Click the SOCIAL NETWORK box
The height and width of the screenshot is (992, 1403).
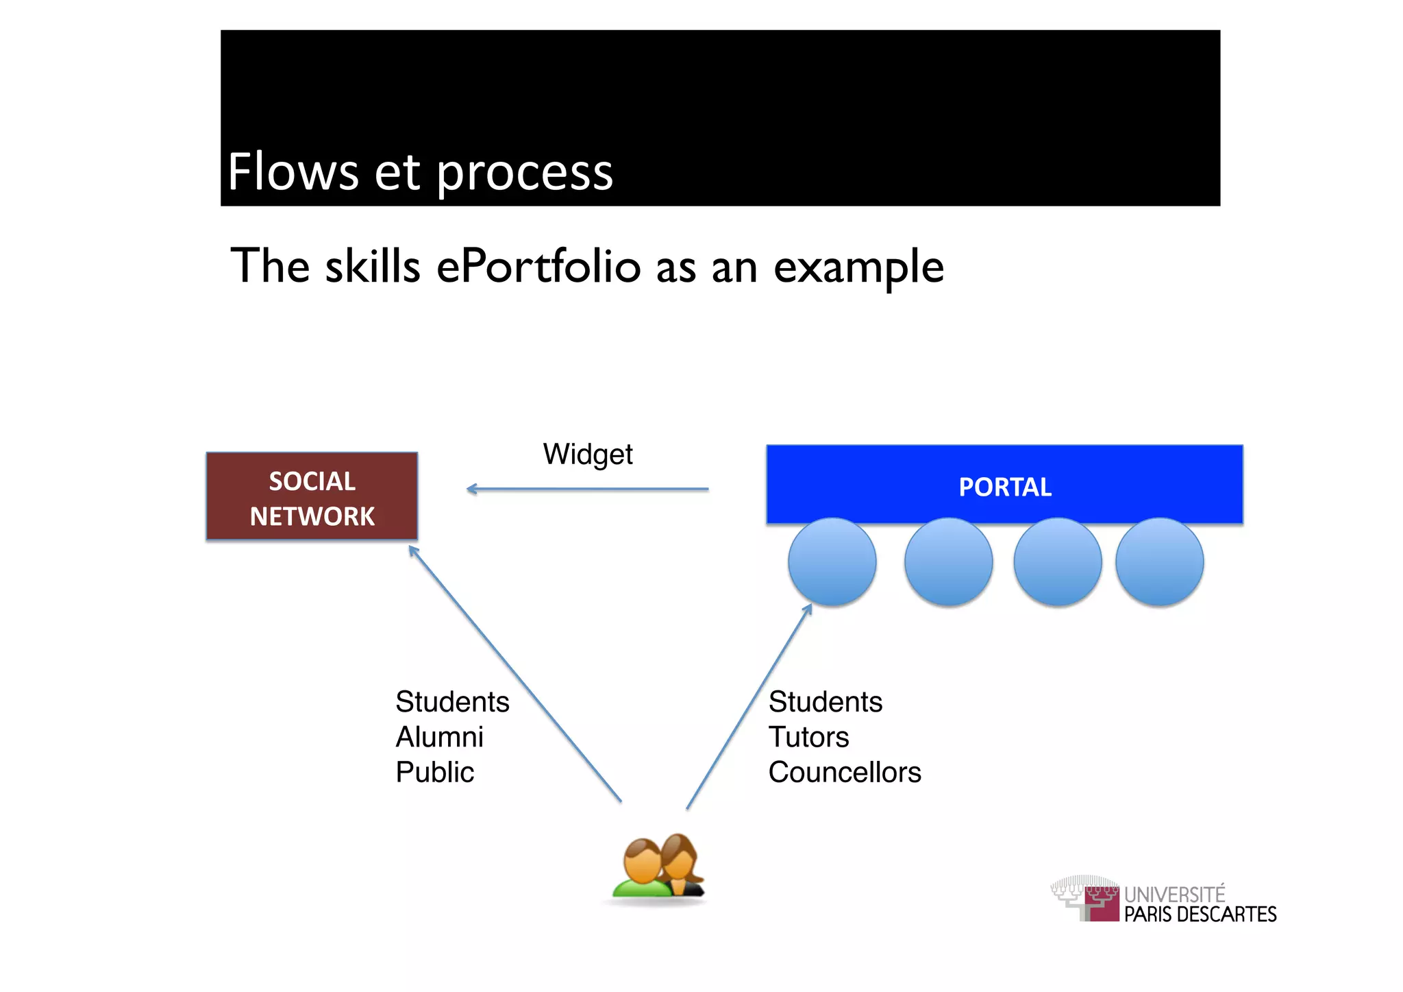[x=312, y=496]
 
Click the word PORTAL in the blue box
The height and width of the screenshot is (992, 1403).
[x=1004, y=487]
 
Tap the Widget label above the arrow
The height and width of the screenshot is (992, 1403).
[x=588, y=455]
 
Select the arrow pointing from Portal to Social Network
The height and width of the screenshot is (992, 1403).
[x=587, y=489]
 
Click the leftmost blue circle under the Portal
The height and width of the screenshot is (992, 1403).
[x=832, y=561]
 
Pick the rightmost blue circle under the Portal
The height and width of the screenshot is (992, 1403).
[x=1159, y=561]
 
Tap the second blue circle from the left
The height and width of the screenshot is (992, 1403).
[x=948, y=561]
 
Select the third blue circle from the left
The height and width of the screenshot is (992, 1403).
[x=1057, y=561]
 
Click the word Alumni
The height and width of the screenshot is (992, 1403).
[x=440, y=737]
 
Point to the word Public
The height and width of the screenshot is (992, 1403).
[x=435, y=773]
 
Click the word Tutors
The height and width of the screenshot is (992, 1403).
[x=808, y=737]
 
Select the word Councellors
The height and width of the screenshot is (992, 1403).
[x=845, y=773]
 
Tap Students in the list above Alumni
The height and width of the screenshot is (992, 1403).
[x=452, y=702]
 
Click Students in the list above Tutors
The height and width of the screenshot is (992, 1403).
[x=825, y=702]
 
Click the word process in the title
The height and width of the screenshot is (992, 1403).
[x=524, y=172]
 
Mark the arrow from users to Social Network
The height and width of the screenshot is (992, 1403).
[x=515, y=674]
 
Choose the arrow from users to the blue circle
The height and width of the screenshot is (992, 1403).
[x=749, y=707]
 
